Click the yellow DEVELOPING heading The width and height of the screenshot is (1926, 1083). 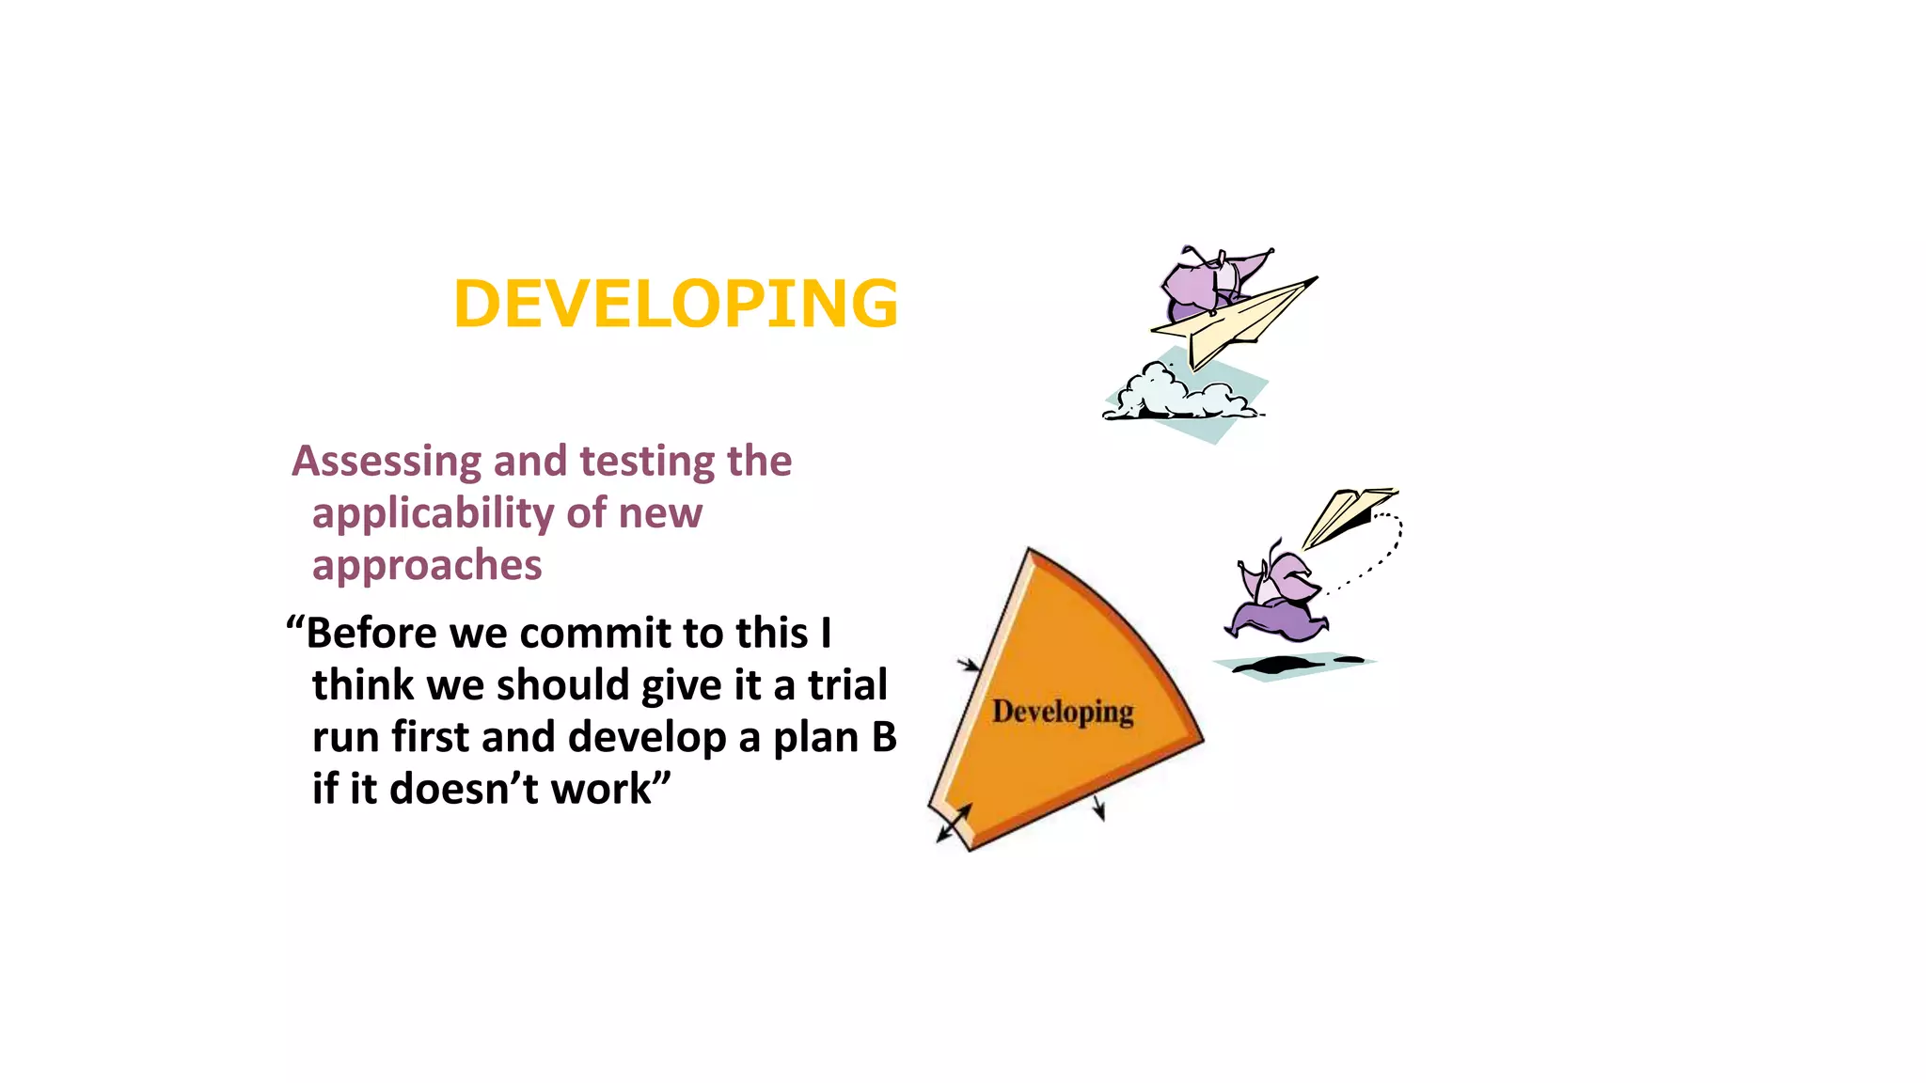coord(675,305)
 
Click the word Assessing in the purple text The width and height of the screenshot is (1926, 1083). coord(387,462)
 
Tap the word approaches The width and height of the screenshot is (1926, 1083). coord(427,566)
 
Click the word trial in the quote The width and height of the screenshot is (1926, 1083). coord(847,685)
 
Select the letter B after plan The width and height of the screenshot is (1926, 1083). coord(884,738)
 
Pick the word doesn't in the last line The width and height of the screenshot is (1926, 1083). coord(464,790)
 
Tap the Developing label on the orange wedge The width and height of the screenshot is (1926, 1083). coord(1063,712)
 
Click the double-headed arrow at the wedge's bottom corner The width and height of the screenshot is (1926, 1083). coord(954,824)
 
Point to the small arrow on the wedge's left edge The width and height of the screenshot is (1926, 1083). coord(969,665)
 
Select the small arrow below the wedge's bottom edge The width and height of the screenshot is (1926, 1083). coord(1098,808)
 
